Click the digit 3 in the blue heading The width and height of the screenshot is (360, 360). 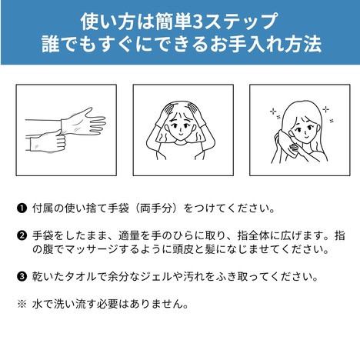[197, 22]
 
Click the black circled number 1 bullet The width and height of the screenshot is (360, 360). [22, 208]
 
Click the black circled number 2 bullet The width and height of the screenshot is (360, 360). [22, 235]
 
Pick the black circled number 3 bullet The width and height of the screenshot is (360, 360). [22, 277]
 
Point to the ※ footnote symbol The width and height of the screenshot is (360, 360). [22, 304]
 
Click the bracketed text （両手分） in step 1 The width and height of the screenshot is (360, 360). [155, 208]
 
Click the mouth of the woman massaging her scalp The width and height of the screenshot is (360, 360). [181, 134]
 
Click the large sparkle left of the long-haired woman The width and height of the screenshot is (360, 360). [273, 112]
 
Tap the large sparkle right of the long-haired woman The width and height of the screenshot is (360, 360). [326, 110]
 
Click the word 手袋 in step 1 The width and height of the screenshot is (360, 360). [118, 208]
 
